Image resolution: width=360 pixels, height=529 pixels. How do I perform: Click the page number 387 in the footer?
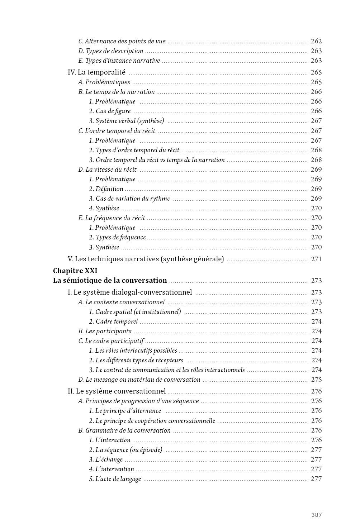coord(316,515)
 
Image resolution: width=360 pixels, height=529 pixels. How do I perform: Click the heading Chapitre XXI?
coord(75,271)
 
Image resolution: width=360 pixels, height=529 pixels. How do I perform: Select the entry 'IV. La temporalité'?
coord(96,72)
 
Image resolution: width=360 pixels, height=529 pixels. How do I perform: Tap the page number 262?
coord(316,41)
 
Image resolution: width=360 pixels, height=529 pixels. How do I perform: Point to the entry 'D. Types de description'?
coord(111,51)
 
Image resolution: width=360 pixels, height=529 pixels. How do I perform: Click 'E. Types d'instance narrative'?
coord(119,61)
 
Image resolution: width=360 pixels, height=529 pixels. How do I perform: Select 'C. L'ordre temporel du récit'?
coord(117,131)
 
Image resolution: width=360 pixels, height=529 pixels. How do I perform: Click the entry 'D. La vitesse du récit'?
coord(107,170)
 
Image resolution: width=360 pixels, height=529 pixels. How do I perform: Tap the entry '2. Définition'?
coord(106,189)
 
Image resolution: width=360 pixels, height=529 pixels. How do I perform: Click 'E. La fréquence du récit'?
coord(112,218)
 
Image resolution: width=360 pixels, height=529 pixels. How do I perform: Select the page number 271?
coord(316,259)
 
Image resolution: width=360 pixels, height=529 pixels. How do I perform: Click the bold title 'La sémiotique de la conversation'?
coord(110,281)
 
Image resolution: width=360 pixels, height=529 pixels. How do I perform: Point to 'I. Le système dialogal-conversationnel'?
coord(130,292)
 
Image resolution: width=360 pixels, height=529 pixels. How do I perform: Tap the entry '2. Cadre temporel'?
coord(113,321)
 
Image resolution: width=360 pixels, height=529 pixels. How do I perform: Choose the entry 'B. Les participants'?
coord(105,331)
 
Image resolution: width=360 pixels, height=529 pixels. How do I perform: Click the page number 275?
coord(316,380)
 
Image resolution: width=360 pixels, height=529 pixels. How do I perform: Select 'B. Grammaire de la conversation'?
coord(124,430)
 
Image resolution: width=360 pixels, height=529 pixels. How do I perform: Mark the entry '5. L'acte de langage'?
coord(115,479)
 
